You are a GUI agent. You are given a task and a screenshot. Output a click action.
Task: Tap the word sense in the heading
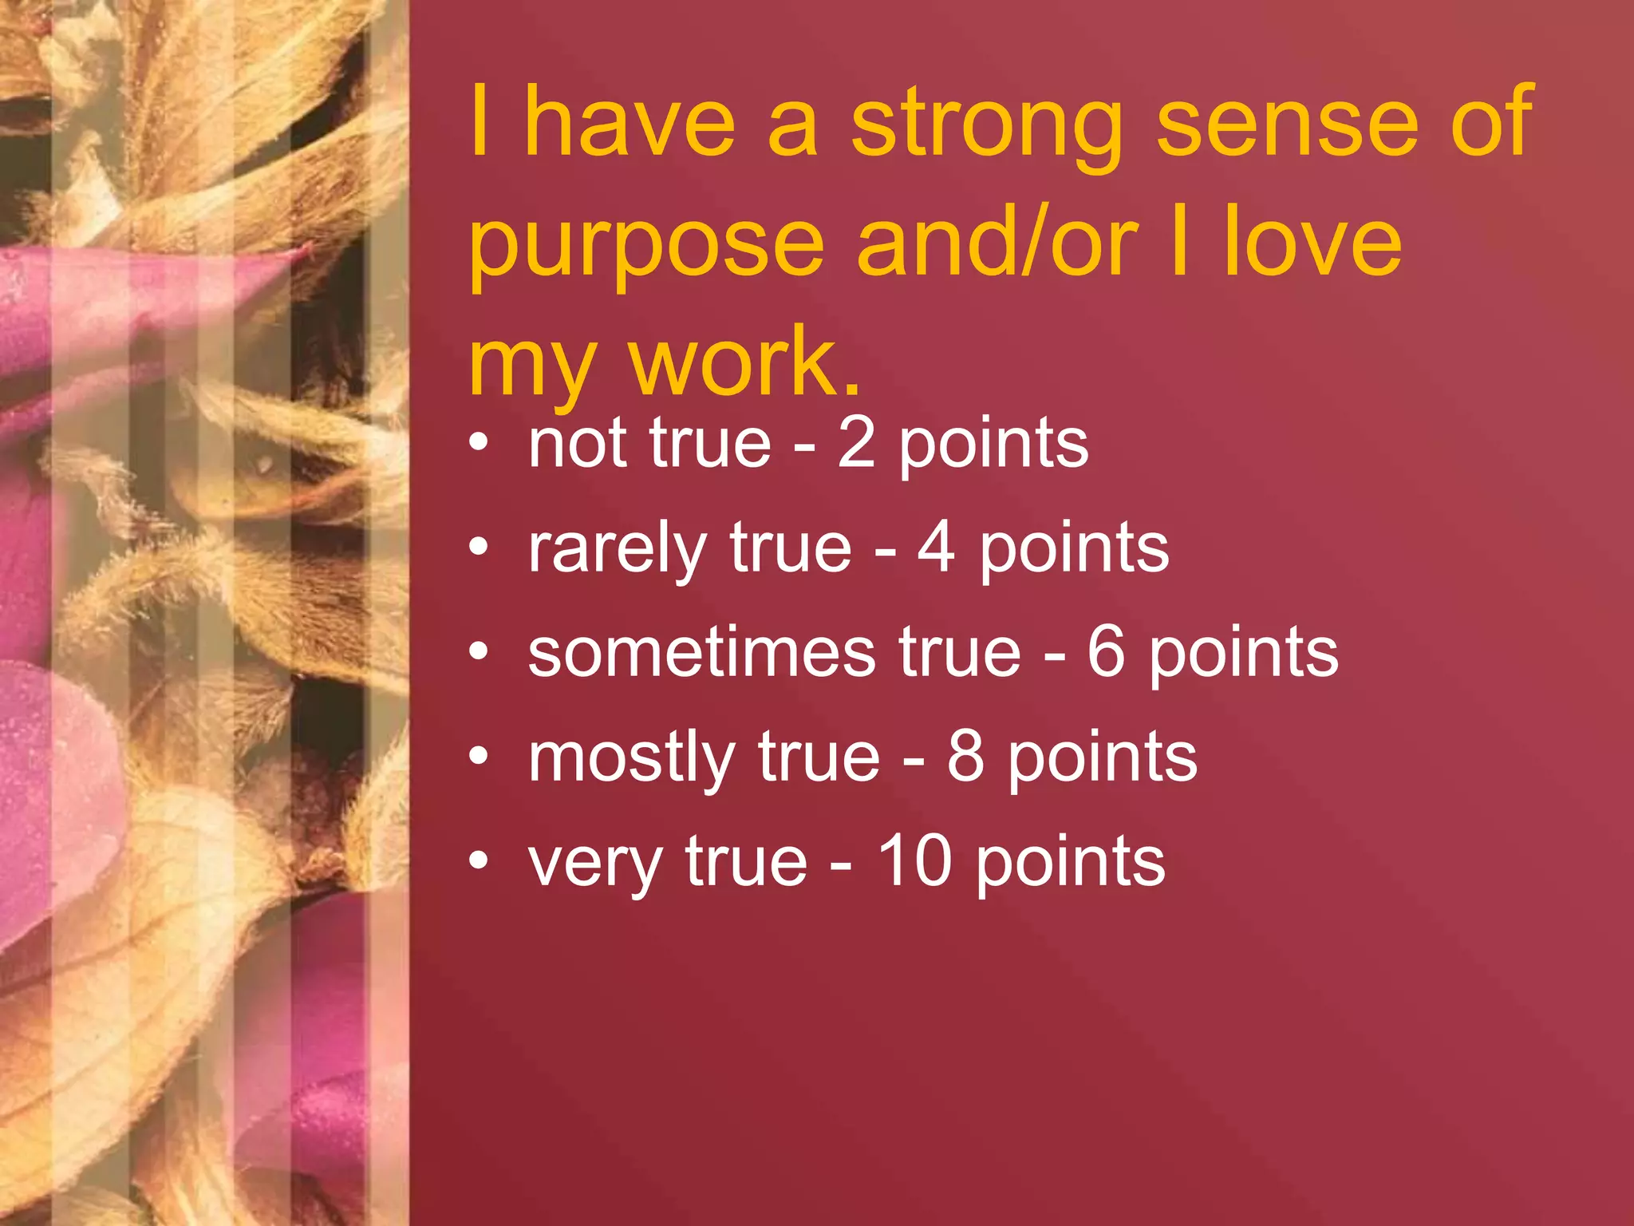click(x=1287, y=124)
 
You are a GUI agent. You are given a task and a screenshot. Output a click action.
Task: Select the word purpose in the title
click(x=646, y=243)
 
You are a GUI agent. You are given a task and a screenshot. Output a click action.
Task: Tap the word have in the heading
click(x=630, y=124)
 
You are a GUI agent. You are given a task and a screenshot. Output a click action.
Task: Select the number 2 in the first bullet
click(x=857, y=444)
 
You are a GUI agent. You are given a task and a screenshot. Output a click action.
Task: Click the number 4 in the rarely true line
click(x=937, y=548)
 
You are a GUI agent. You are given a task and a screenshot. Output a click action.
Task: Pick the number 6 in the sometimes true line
click(x=1107, y=653)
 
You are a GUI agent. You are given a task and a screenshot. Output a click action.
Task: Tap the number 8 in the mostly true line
click(x=966, y=757)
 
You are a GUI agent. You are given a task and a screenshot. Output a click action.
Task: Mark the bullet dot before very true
click(x=478, y=860)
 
